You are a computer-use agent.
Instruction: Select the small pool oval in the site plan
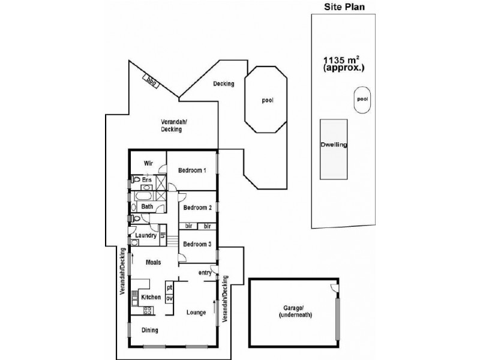(362, 100)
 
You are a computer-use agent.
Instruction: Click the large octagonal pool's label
(268, 100)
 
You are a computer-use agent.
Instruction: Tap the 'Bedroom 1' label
(193, 170)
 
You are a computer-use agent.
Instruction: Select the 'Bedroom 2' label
(198, 208)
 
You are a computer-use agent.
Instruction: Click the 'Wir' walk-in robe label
(148, 163)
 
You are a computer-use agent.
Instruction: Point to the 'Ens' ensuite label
(147, 179)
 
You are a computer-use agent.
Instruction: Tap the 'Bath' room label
(147, 208)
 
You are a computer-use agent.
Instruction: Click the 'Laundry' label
(146, 236)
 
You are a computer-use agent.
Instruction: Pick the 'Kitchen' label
(151, 297)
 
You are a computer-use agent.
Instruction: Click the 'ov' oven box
(169, 298)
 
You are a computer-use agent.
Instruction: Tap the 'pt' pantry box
(169, 287)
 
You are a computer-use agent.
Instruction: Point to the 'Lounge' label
(196, 312)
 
